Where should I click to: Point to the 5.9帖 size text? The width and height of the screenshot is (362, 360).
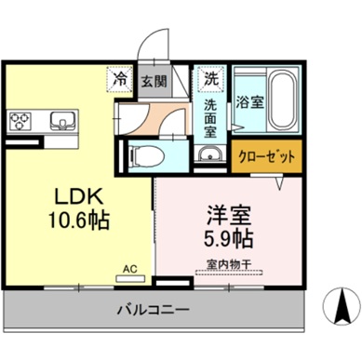[x=228, y=235]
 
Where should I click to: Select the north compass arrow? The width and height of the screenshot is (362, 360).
[x=340, y=302]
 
